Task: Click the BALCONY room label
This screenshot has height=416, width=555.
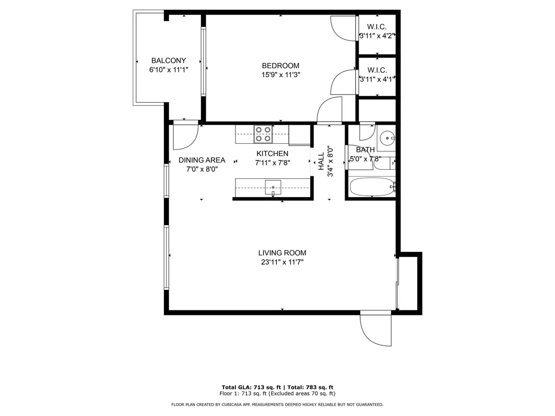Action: click(168, 61)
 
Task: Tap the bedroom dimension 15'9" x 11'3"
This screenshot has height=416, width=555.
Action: click(281, 75)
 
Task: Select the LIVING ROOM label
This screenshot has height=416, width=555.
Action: click(282, 253)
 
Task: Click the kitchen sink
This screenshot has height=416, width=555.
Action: click(273, 188)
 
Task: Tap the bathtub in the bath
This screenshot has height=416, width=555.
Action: click(372, 187)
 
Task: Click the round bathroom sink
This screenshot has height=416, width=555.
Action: click(387, 138)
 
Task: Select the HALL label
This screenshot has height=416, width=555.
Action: click(321, 161)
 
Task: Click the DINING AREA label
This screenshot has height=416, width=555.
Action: click(202, 160)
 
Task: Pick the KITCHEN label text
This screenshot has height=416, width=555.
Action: click(272, 154)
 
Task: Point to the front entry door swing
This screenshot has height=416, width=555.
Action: click(376, 328)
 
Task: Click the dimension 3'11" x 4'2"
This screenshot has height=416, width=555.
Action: click(377, 36)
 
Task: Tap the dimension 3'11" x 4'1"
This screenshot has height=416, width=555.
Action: click(377, 79)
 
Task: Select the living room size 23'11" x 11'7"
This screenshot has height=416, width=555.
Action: click(282, 262)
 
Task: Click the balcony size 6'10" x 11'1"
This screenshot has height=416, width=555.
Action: click(168, 70)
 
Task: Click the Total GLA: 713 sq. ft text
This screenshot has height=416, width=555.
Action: click(251, 387)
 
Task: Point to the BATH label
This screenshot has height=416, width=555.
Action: click(365, 150)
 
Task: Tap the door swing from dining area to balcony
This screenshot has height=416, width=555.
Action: click(185, 137)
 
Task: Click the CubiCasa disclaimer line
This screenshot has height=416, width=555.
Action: click(277, 404)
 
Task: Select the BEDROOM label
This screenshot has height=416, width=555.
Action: click(281, 66)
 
